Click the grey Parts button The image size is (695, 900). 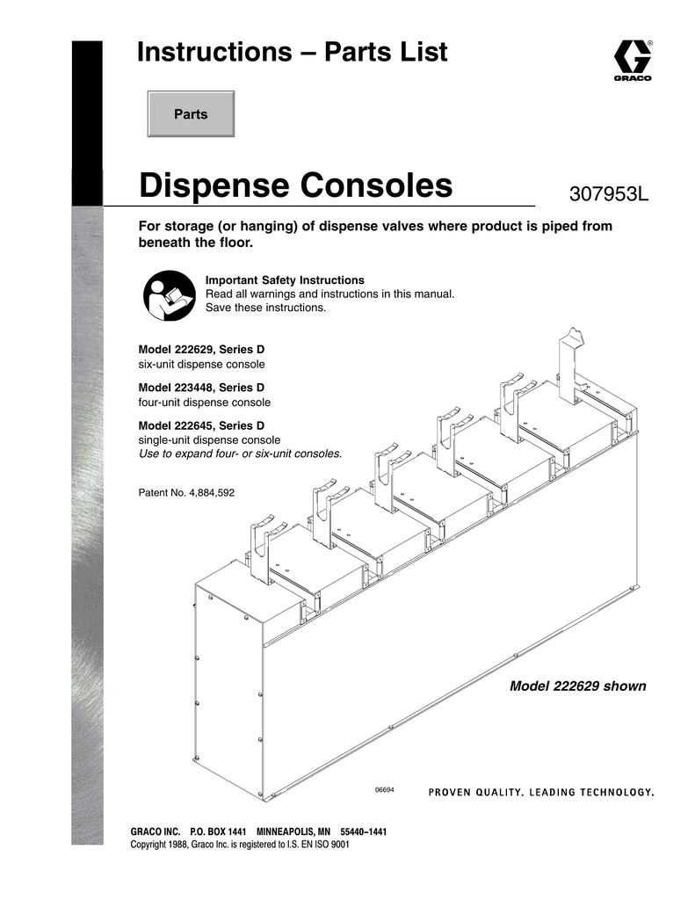point(191,113)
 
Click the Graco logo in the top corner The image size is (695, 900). point(633,60)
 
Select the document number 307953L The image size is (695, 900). point(608,194)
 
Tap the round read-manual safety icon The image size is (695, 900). point(170,295)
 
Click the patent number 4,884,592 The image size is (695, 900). point(212,493)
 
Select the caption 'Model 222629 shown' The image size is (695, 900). point(578,686)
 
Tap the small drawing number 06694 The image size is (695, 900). point(385,790)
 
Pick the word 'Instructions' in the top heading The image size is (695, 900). point(214,52)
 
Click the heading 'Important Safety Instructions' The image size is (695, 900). point(285,280)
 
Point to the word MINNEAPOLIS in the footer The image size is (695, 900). point(293,831)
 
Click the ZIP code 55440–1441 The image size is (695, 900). point(363,831)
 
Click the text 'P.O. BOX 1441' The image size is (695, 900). point(218,831)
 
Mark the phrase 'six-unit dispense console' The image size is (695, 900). point(201,365)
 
